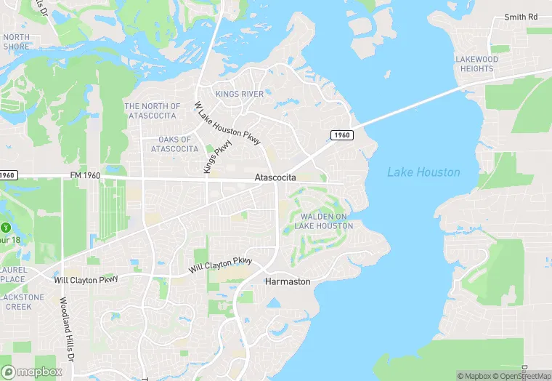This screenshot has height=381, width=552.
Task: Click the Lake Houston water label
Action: [423, 172]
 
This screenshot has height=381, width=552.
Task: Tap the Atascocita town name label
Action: [275, 177]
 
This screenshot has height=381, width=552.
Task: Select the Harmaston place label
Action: [288, 281]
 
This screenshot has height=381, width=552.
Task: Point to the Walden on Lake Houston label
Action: [324, 221]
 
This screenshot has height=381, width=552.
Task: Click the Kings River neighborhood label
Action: [240, 94]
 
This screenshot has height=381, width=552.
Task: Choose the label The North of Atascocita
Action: [152, 111]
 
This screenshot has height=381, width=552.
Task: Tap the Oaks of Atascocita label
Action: [174, 144]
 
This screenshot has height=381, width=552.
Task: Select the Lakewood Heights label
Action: [476, 64]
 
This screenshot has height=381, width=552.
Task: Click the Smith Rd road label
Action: [521, 17]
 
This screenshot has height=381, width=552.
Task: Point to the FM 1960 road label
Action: [85, 176]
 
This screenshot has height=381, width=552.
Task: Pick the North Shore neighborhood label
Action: [16, 41]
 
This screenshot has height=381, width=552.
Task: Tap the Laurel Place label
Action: [12, 274]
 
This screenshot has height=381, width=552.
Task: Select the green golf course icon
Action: [7, 225]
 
